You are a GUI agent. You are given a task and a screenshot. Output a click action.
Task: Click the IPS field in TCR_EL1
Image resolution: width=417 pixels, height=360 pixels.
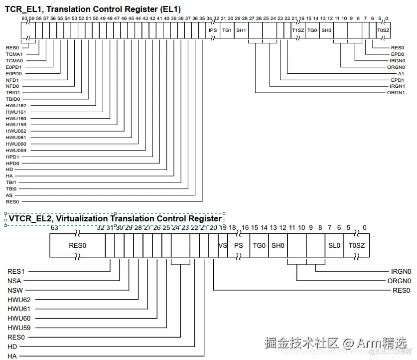point(213,30)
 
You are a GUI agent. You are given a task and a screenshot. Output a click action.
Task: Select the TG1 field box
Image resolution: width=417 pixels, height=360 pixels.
point(227,30)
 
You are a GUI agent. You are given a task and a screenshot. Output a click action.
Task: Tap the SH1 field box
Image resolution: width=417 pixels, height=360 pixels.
point(241,30)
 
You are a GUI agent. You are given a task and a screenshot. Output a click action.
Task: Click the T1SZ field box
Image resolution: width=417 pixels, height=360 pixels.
point(297,30)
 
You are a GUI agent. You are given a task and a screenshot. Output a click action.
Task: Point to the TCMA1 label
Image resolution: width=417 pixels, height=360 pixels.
point(14,54)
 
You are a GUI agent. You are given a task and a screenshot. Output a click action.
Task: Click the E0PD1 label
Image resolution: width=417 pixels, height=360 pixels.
point(14,67)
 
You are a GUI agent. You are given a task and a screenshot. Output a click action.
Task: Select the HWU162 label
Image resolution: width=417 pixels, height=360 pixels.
point(16,105)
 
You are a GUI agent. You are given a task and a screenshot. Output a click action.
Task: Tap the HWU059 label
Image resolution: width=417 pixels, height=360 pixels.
point(16,150)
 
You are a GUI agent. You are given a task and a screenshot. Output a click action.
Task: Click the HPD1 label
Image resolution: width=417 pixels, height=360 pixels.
point(12,157)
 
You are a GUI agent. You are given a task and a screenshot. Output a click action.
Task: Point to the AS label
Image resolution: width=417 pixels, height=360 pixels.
point(9,195)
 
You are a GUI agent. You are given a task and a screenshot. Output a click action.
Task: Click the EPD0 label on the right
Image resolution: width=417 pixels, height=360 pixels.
point(398,54)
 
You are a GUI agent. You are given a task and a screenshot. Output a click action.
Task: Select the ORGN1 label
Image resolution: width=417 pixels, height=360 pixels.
point(396,93)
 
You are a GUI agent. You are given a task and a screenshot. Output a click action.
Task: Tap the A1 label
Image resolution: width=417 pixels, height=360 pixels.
point(401,73)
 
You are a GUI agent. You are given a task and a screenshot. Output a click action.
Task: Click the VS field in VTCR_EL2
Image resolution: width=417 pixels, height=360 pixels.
point(223,245)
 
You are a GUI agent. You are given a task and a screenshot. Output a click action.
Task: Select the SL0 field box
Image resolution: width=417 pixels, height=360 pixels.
point(334,245)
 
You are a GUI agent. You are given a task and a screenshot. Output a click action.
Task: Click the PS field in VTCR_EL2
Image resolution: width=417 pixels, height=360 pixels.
point(239,245)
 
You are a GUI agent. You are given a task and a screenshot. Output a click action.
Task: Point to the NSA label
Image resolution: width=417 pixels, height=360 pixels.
point(14,281)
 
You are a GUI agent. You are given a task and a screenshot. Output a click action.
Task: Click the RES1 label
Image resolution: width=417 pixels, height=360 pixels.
point(16,272)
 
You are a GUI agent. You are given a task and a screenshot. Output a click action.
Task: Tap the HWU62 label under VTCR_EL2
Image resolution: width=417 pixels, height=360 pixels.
point(19,299)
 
